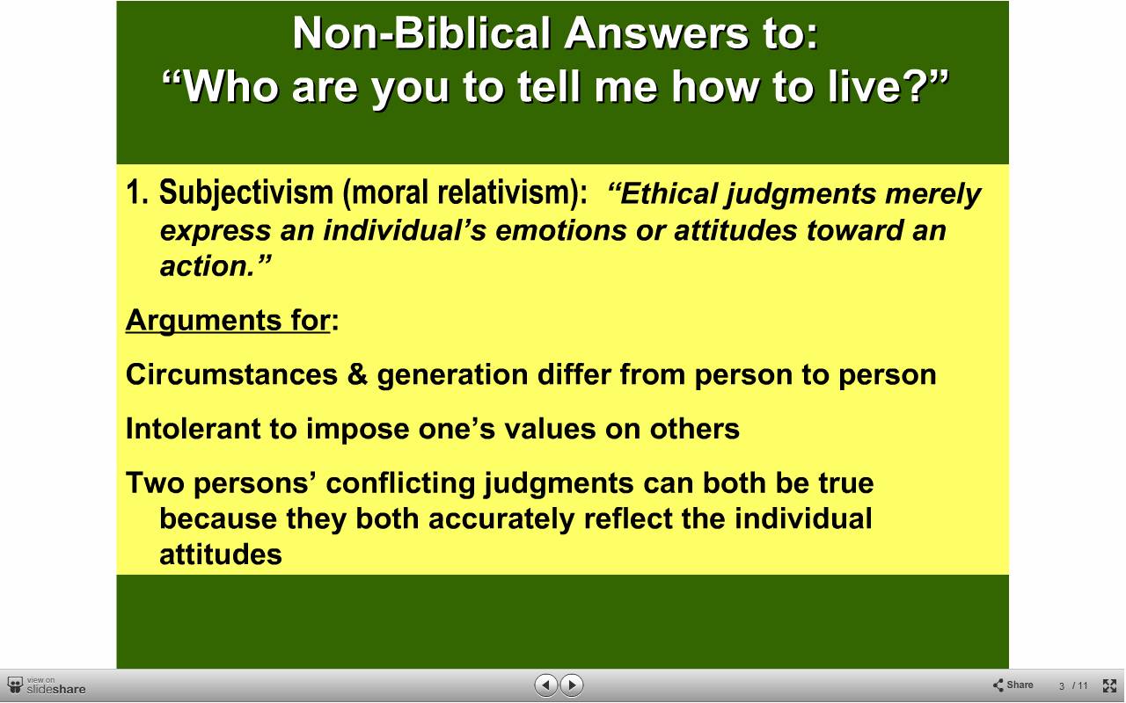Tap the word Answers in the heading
click(657, 33)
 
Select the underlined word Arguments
click(203, 322)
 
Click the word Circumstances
click(231, 374)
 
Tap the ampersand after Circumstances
click(357, 374)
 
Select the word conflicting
click(400, 484)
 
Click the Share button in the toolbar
click(1013, 685)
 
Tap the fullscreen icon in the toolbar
click(1109, 685)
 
